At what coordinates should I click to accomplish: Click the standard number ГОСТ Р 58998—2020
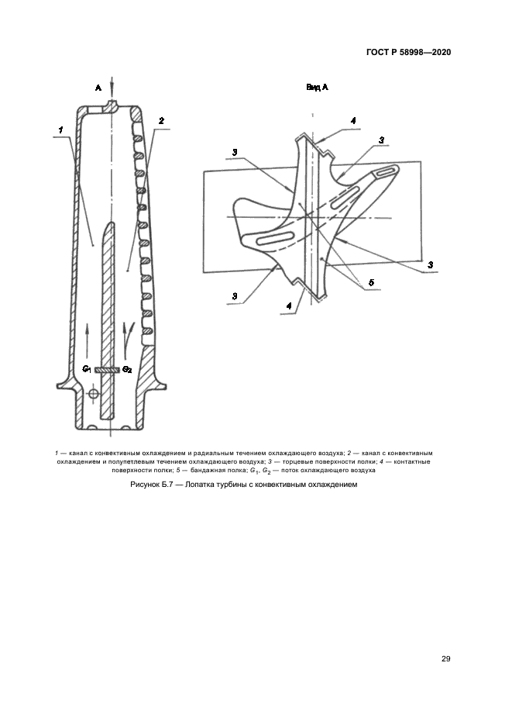408,53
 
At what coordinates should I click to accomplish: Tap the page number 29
446,658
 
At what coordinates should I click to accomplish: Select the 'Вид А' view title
317,88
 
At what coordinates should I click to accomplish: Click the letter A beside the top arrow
98,88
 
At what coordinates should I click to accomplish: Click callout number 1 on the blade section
60,123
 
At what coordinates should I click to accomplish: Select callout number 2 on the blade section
160,121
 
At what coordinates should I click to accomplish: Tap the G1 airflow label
88,370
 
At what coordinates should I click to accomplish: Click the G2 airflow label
127,370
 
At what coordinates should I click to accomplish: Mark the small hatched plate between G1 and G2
107,370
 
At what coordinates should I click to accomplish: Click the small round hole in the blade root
93,395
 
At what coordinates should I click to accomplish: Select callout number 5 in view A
370,284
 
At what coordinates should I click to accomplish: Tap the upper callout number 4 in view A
352,121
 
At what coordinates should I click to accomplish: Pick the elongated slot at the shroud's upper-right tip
382,174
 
